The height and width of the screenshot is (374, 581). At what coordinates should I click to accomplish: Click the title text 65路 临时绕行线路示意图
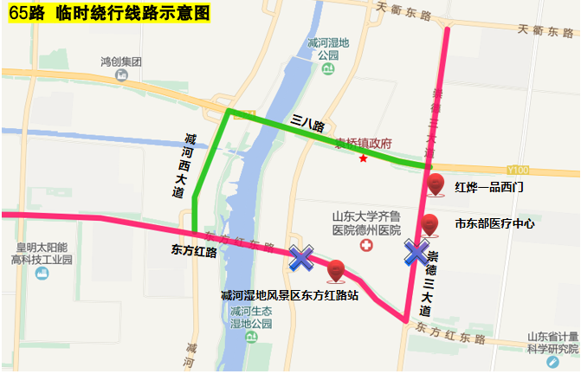(x=107, y=12)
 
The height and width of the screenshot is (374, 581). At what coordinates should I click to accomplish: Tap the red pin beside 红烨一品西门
(x=436, y=184)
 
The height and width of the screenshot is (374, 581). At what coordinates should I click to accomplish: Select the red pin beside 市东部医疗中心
(x=430, y=224)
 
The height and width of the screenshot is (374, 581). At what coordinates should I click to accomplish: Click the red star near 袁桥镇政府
(x=364, y=158)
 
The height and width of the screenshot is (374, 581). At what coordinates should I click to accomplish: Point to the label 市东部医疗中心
(x=494, y=223)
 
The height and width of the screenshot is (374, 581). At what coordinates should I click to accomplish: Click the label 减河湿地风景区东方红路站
(x=289, y=295)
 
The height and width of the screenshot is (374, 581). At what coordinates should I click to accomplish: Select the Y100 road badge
(x=520, y=170)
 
